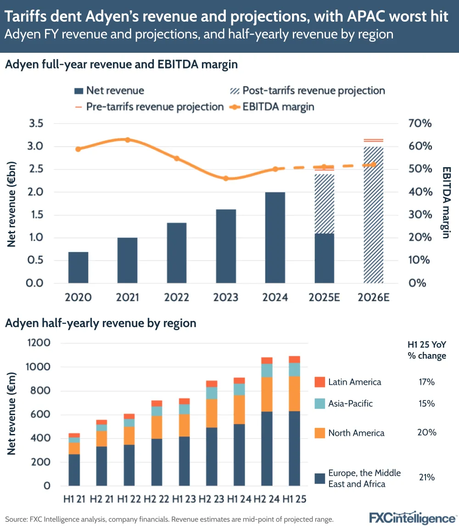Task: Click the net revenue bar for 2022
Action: click(177, 253)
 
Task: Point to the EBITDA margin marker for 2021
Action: click(128, 140)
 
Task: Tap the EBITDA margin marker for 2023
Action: click(225, 178)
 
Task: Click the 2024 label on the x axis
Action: click(275, 298)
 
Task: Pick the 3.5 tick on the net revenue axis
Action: click(37, 124)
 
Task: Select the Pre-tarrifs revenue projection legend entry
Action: click(149, 107)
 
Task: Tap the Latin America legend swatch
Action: click(319, 382)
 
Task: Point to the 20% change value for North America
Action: click(426, 433)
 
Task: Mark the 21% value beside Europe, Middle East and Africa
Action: click(426, 478)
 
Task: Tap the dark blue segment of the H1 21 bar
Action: click(74, 470)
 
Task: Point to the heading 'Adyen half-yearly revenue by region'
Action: click(101, 323)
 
